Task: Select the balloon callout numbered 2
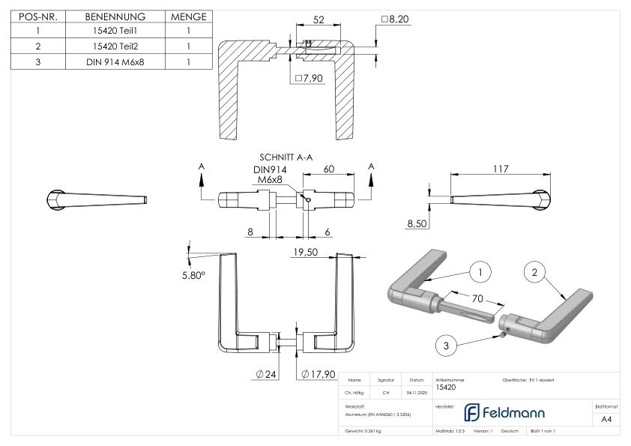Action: (534, 273)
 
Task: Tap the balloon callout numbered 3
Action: (446, 345)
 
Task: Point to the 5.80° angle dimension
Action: (194, 275)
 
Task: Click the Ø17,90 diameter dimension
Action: (318, 374)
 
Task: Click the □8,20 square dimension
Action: (396, 19)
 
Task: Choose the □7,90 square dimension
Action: (309, 78)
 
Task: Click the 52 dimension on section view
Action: (318, 20)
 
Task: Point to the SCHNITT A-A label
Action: (286, 158)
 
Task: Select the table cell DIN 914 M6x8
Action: (115, 61)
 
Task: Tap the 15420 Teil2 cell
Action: (115, 46)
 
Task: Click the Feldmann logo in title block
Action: (504, 412)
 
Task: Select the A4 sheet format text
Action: (606, 419)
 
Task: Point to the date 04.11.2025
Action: (416, 392)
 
